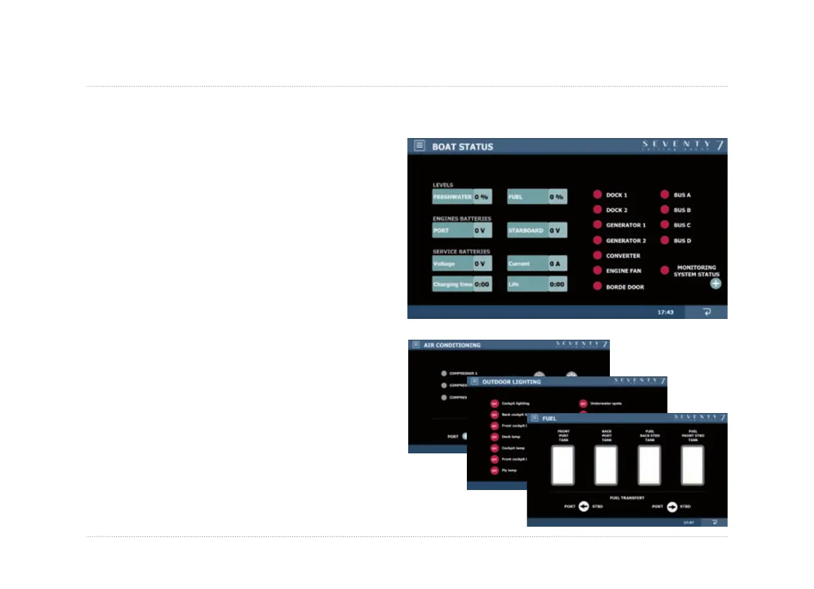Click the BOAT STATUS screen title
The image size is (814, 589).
pos(462,147)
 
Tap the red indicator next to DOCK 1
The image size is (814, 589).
pos(598,195)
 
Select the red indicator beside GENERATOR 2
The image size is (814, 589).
pos(598,240)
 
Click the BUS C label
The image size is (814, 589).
pos(682,225)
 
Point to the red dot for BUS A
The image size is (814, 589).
pos(665,195)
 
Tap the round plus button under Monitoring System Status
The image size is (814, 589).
pos(716,284)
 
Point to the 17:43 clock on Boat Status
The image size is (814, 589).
pos(665,312)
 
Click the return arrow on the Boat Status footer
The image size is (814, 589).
pos(707,312)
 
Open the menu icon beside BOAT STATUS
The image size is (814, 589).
pos(419,146)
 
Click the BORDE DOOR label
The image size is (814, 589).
pos(625,287)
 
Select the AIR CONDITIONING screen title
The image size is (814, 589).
pos(452,345)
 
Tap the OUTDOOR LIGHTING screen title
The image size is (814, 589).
pos(512,382)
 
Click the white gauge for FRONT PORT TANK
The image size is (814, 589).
pos(563,466)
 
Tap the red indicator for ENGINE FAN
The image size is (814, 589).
pos(598,271)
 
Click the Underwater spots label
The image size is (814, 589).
pos(606,404)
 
